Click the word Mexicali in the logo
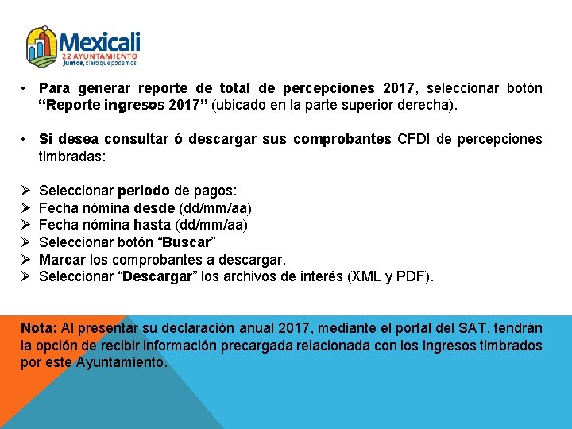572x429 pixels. pos(99,41)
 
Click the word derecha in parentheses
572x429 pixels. pos(450,104)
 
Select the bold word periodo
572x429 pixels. pos(143,191)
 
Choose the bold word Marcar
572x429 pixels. pos(62,260)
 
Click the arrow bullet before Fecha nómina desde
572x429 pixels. pos(26,208)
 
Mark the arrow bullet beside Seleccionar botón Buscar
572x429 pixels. pos(26,242)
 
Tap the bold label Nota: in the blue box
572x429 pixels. pos(38,328)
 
